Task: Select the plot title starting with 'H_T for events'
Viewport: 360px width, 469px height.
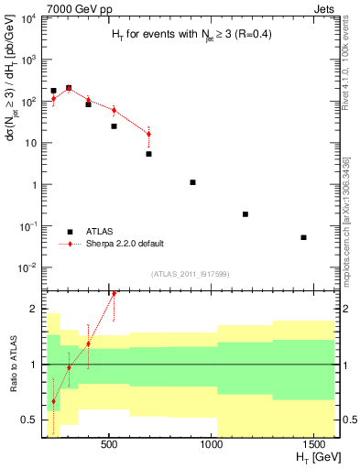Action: (184, 35)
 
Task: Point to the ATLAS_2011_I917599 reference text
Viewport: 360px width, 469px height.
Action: (191, 274)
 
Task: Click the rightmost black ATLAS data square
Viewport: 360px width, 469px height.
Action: (303, 237)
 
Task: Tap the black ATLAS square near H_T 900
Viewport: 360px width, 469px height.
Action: (192, 182)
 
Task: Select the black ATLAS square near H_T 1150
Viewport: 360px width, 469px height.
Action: (245, 214)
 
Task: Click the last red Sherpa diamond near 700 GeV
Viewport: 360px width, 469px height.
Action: (148, 135)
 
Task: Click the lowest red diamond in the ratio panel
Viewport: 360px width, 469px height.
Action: (53, 401)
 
